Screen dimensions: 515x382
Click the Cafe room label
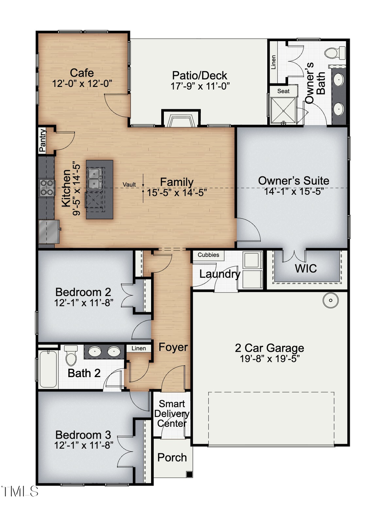[82, 73]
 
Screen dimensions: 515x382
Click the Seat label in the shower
[283, 91]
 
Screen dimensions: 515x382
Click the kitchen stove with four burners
[47, 188]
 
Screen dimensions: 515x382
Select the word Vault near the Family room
[129, 185]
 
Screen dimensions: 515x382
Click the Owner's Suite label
[293, 181]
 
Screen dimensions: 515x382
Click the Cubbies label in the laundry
[208, 255]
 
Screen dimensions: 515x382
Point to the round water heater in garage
[330, 301]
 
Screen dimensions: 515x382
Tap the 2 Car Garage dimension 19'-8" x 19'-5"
[270, 358]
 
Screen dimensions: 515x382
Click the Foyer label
[173, 347]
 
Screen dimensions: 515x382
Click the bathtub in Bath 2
[48, 368]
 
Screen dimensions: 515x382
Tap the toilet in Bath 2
[71, 355]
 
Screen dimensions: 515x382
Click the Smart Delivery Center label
[172, 414]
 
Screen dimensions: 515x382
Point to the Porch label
[172, 457]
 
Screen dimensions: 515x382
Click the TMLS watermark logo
[20, 492]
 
